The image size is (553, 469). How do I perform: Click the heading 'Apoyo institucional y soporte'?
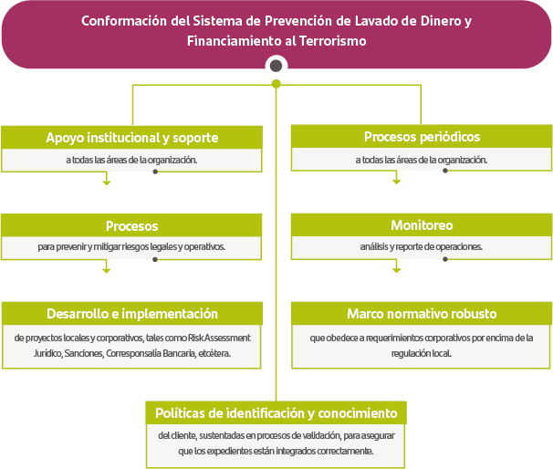(132, 138)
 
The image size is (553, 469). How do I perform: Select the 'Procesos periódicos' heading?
(422, 137)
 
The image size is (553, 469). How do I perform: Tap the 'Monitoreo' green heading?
(422, 225)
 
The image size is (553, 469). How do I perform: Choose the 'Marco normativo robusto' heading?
(422, 314)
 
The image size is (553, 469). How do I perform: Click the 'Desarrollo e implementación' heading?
(132, 314)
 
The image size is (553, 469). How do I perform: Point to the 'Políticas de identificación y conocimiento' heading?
(276, 412)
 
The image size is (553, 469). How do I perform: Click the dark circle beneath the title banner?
(276, 66)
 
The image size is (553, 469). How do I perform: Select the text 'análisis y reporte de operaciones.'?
(422, 246)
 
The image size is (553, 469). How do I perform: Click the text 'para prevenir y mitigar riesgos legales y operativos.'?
(131, 246)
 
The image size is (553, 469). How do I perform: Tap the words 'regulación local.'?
(422, 353)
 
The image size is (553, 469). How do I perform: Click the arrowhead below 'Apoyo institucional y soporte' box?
(107, 182)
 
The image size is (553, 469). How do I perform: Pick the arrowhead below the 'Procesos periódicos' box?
(396, 182)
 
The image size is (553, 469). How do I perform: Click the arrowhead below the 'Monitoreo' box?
(396, 270)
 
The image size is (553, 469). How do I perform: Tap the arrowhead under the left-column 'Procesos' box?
(107, 270)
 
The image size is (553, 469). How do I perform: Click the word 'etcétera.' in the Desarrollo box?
(214, 353)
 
